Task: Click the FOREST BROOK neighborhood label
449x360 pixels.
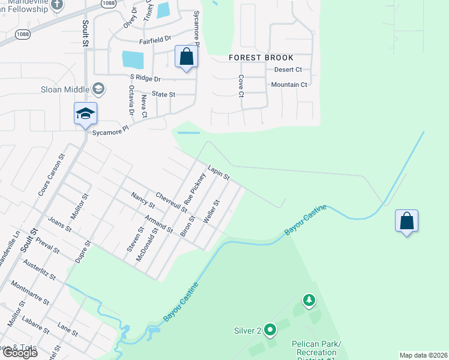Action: pyautogui.click(x=261, y=58)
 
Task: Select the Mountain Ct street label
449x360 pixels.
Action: pyautogui.click(x=289, y=85)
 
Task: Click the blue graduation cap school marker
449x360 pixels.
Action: pyautogui.click(x=85, y=113)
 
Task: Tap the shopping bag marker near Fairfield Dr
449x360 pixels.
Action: pyautogui.click(x=187, y=57)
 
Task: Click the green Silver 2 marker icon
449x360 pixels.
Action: pyautogui.click(x=270, y=329)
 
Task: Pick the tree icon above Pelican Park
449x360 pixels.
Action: pyautogui.click(x=309, y=299)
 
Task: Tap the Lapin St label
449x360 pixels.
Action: pyautogui.click(x=218, y=173)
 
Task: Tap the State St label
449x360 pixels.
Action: pyautogui.click(x=163, y=94)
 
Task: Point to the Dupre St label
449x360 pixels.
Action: pyautogui.click(x=83, y=253)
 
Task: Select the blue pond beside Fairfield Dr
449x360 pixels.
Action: pyautogui.click(x=133, y=59)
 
